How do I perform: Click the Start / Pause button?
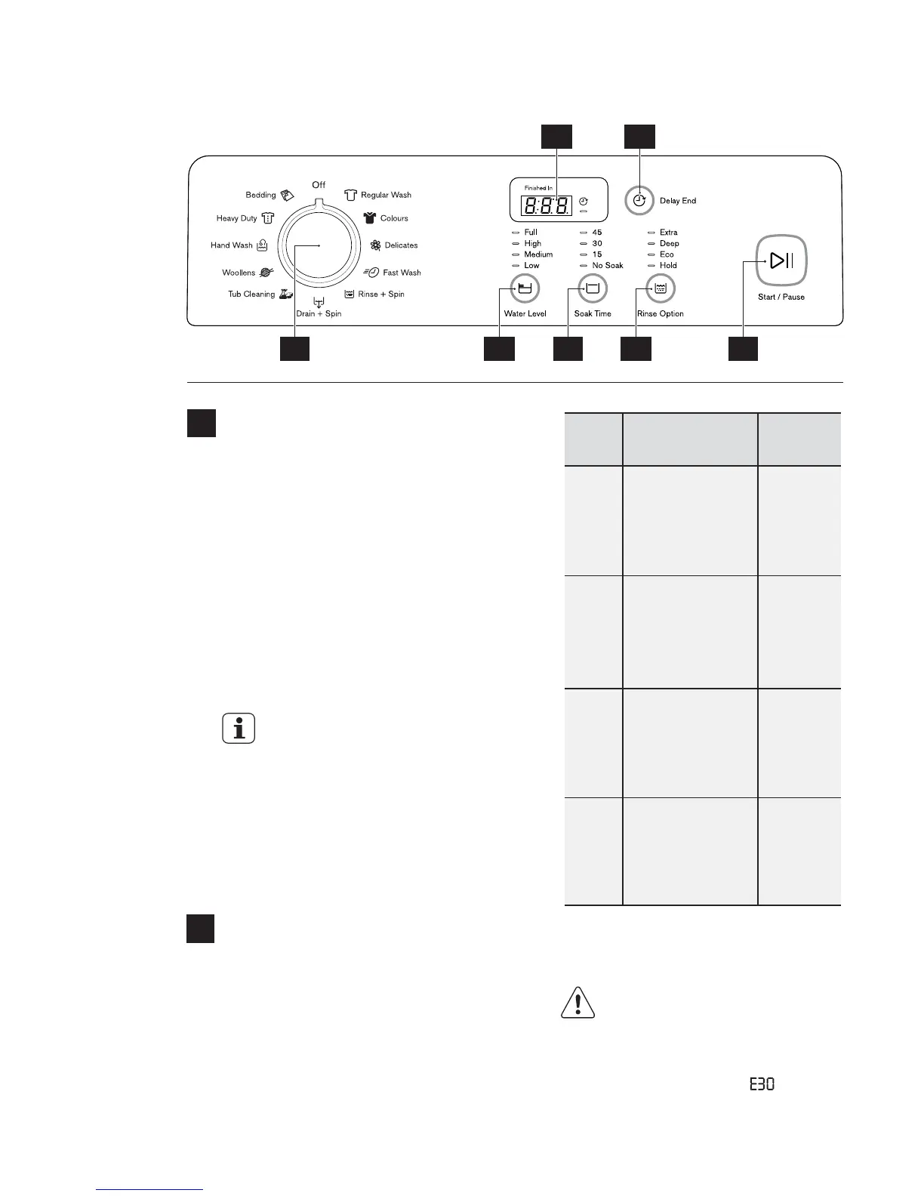781,261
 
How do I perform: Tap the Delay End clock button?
639,201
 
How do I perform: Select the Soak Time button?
593,288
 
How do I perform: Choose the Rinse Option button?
661,288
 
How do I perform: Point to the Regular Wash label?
386,195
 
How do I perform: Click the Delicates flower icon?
375,245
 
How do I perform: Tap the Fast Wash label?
402,273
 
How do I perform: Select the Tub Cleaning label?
251,294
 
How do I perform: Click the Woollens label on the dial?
239,273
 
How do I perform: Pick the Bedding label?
260,195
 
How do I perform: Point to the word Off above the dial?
319,185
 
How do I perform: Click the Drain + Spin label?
319,313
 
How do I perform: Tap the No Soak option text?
608,266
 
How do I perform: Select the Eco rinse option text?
667,254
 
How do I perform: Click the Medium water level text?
538,254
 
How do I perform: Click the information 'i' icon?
239,729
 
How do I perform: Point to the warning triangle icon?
578,1003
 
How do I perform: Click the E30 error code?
762,1084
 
